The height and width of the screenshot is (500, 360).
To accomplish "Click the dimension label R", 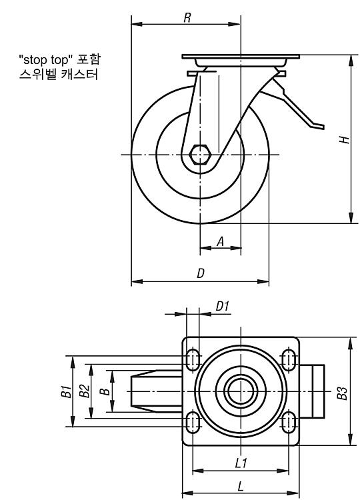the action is point(187,17).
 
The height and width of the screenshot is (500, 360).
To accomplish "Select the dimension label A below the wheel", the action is point(221,242).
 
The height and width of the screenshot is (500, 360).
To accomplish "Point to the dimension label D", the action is point(201,273).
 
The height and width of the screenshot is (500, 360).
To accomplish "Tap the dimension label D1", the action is point(223,307).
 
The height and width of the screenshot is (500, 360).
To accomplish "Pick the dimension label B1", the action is point(67,391).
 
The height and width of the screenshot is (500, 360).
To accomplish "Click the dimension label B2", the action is point(85,391).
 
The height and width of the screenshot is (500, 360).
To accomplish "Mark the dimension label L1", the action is point(241,463).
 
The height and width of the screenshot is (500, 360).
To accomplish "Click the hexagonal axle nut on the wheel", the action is point(200,155).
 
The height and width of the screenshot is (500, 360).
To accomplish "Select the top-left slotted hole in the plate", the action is point(193,360).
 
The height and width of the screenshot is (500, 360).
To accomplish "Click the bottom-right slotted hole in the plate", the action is point(289,422).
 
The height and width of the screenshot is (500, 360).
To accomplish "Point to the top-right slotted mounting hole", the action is point(289,360).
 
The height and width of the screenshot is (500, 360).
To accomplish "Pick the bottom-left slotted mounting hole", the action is point(193,422).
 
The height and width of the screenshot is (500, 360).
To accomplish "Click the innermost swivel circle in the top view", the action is point(241,391).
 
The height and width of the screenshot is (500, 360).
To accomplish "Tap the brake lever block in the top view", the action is point(312,391).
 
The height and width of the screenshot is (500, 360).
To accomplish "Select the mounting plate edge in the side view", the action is point(241,57).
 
